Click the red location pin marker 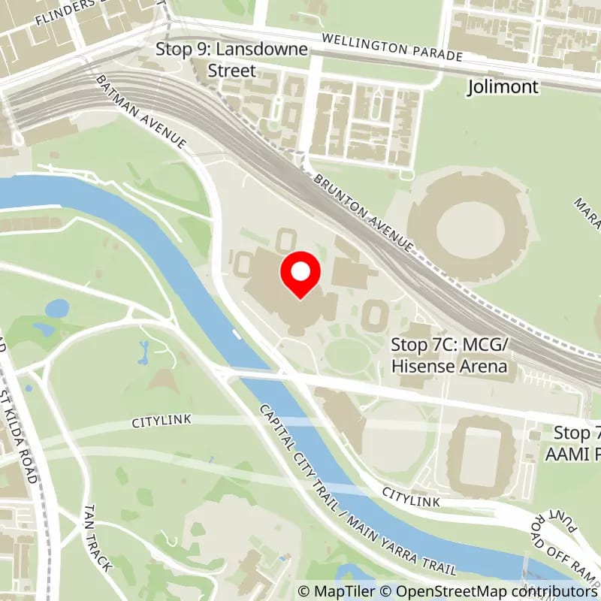tap(300, 275)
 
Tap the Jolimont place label tap(503, 87)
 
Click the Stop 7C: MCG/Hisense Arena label tap(449, 355)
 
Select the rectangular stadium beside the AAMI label tap(481, 455)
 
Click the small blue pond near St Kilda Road tap(56, 308)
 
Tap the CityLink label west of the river tap(162, 421)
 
